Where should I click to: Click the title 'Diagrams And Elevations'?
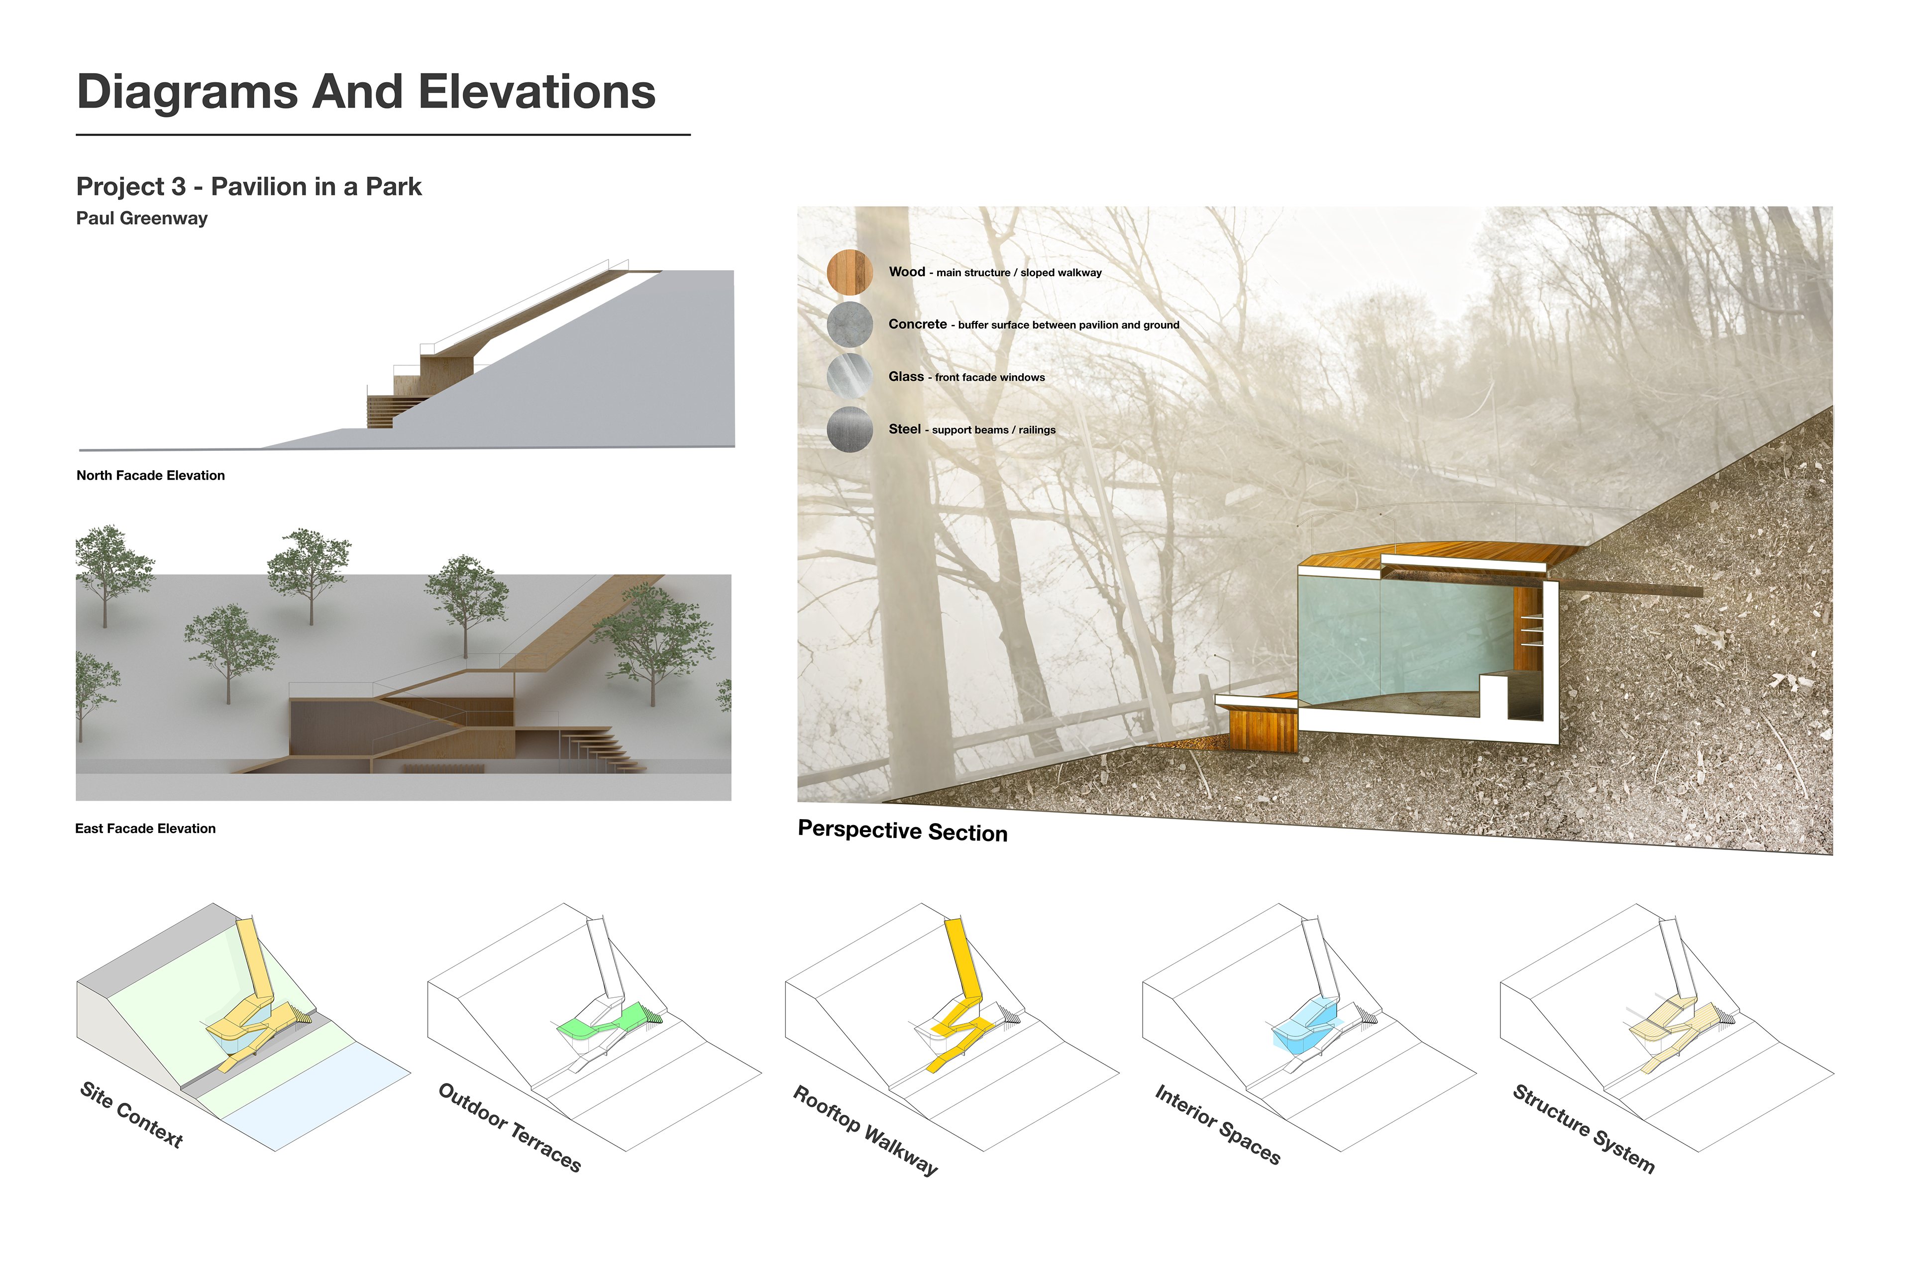click(366, 92)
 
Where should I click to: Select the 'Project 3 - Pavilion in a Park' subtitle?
click(249, 187)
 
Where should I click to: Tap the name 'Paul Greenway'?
click(142, 218)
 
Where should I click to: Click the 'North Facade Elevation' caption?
click(150, 475)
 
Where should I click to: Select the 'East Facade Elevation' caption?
click(145, 829)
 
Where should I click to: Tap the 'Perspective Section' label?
click(903, 831)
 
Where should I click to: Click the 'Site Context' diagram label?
click(131, 1115)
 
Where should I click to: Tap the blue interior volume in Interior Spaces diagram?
click(1304, 1025)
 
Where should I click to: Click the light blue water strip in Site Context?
click(317, 1097)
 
